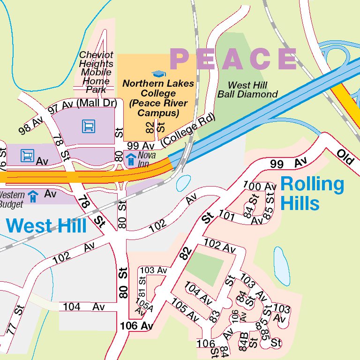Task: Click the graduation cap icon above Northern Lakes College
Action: [158, 74]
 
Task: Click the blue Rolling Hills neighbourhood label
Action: [312, 193]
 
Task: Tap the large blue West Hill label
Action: [47, 225]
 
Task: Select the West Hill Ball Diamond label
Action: [247, 90]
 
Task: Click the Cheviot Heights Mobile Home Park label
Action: [96, 72]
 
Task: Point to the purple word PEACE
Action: [233, 59]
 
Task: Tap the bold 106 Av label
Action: [136, 326]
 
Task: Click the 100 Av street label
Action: [260, 186]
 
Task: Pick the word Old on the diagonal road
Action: [347, 157]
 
